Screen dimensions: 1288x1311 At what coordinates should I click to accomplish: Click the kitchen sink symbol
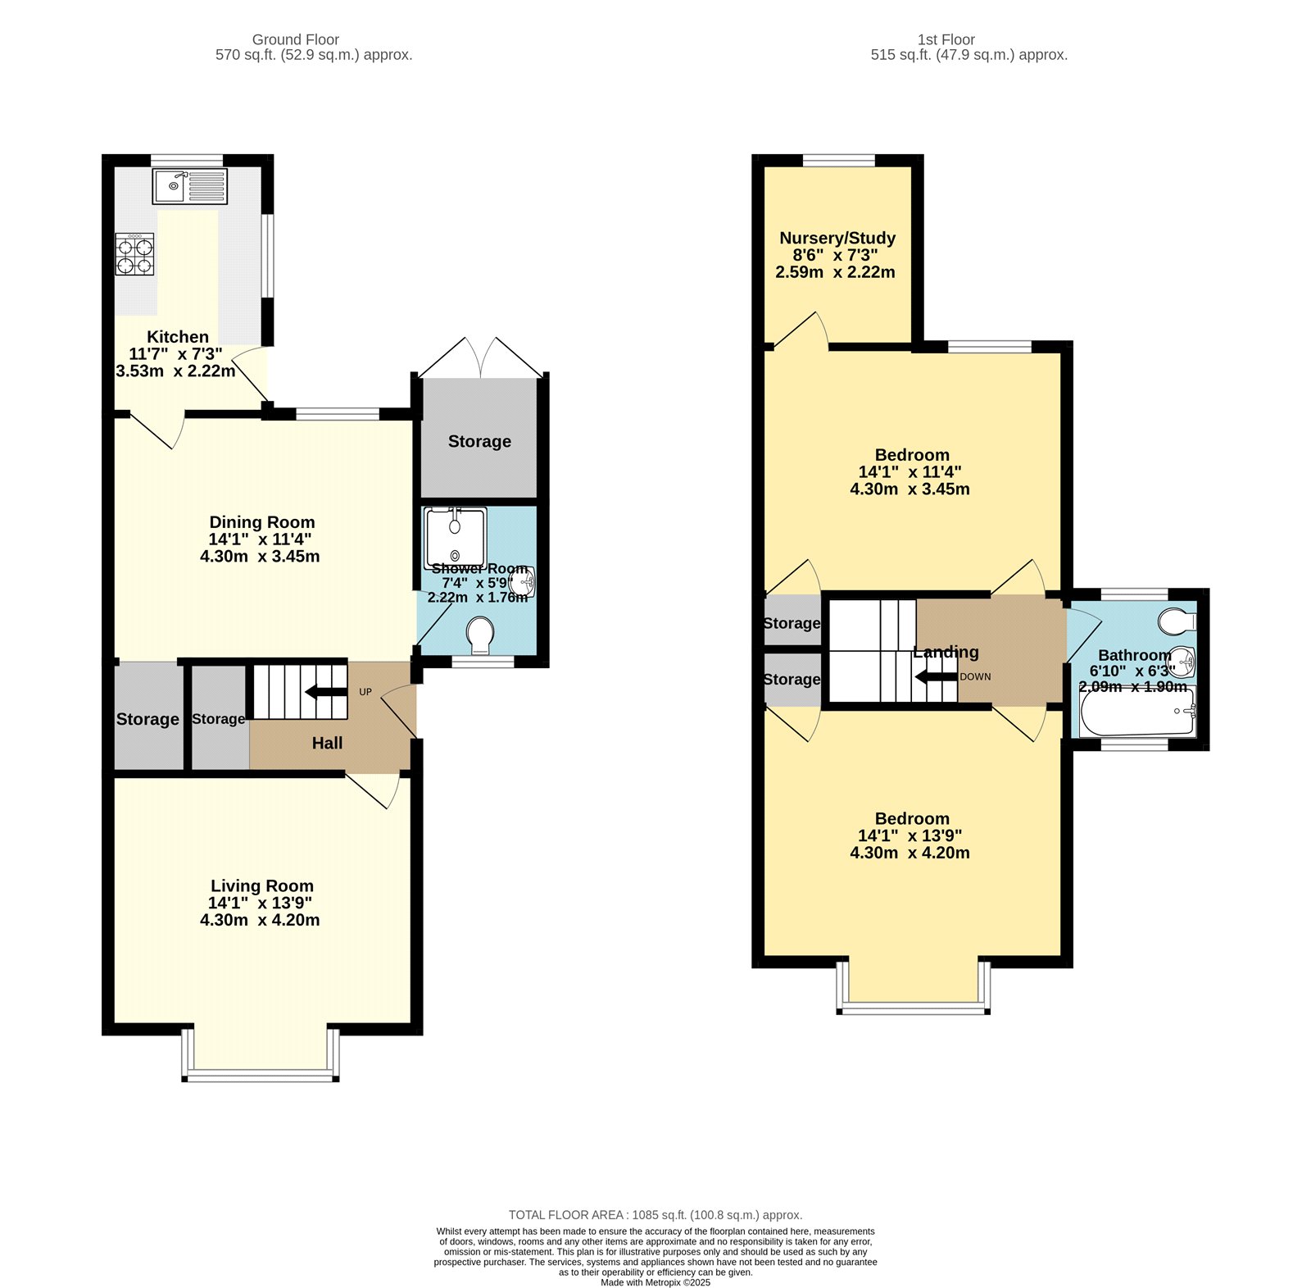(189, 186)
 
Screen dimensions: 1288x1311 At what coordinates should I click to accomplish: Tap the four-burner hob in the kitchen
(134, 254)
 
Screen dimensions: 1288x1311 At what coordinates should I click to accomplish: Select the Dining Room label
(261, 522)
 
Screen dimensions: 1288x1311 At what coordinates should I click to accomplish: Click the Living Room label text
(261, 885)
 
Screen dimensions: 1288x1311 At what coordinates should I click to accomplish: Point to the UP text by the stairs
(365, 692)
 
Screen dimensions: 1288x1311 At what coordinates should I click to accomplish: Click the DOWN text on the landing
(975, 676)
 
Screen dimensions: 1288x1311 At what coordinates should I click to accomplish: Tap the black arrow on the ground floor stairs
(326, 692)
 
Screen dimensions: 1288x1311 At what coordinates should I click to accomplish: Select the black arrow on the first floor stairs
(936, 676)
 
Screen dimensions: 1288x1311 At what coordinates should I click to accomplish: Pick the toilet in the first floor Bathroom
(1177, 621)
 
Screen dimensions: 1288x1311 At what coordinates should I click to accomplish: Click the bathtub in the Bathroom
(1137, 712)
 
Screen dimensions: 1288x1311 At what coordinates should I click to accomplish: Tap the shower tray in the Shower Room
(455, 537)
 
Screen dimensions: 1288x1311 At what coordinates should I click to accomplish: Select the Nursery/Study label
(837, 238)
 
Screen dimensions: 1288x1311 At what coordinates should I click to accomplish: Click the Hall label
(327, 743)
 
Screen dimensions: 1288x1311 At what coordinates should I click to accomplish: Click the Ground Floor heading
(295, 39)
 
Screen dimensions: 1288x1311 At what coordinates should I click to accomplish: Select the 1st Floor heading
(946, 39)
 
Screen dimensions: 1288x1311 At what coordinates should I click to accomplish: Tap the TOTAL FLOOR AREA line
(655, 1215)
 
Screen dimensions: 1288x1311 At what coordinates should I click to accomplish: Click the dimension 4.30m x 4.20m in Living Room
(260, 920)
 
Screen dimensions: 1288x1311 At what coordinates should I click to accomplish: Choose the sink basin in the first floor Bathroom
(1182, 660)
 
